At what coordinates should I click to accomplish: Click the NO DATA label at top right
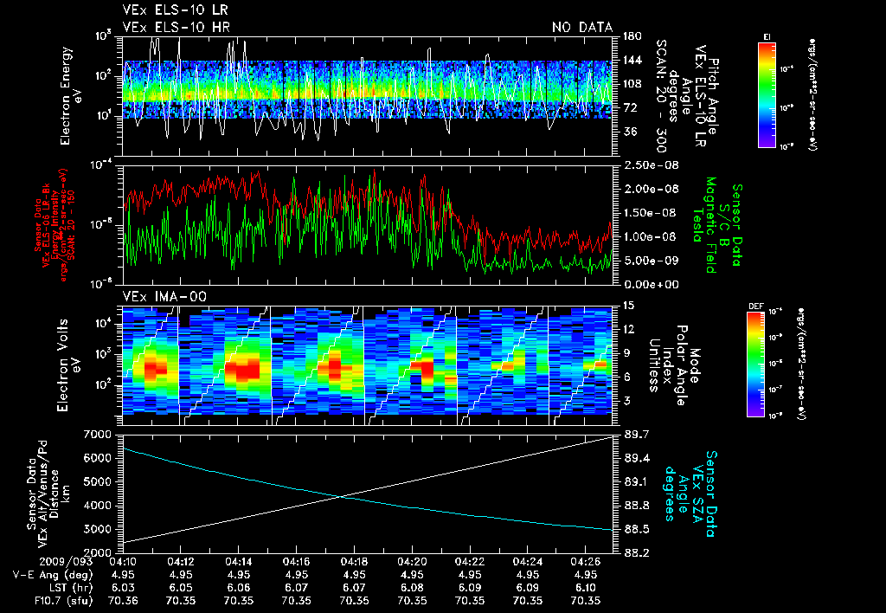[x=582, y=28]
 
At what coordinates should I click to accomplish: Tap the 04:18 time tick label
[x=354, y=561]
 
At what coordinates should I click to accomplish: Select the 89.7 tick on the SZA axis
[x=635, y=433]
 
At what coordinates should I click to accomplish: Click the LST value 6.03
[x=122, y=587]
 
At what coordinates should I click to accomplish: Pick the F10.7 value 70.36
[x=122, y=600]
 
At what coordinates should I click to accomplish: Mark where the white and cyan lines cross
[x=344, y=495]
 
